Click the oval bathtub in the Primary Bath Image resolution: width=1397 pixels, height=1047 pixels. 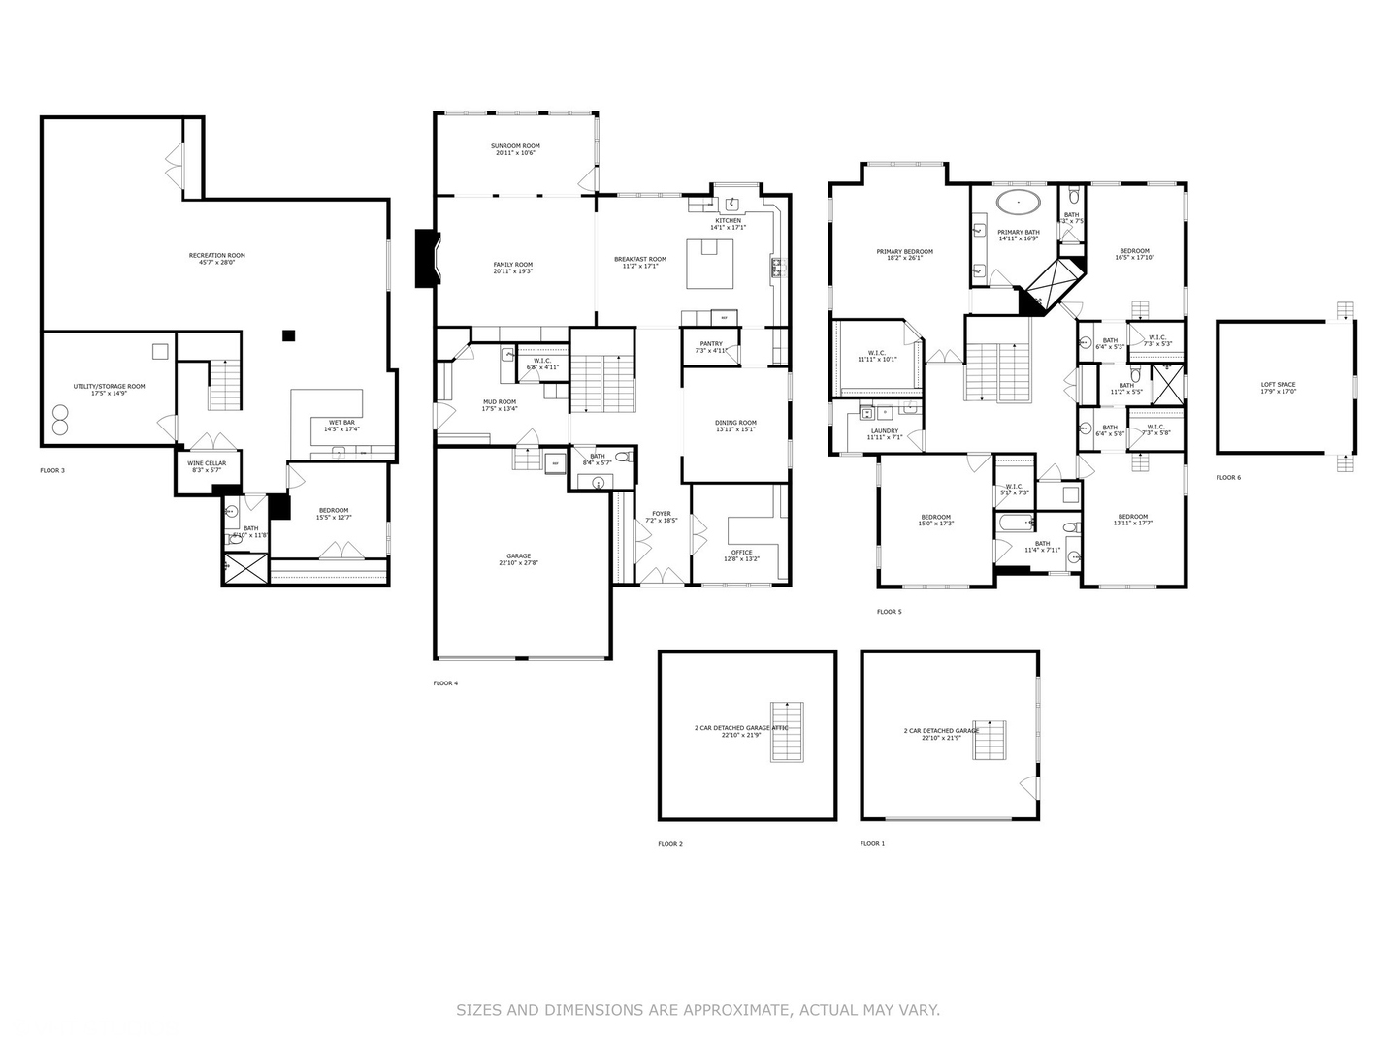click(x=1019, y=204)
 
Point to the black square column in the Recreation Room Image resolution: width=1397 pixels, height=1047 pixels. click(x=288, y=335)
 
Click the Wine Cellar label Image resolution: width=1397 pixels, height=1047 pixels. click(x=206, y=463)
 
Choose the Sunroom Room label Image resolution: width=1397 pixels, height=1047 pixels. click(x=515, y=146)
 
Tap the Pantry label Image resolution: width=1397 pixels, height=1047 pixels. click(x=711, y=343)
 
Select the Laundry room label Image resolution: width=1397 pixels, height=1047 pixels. click(x=884, y=430)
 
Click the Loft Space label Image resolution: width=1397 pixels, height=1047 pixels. click(x=1278, y=385)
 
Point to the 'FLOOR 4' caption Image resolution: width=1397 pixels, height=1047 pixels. click(x=445, y=683)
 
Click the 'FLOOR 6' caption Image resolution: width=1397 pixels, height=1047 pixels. click(x=1228, y=477)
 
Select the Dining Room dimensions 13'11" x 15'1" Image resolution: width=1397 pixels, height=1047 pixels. click(x=735, y=429)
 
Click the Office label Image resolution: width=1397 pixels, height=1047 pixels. click(x=742, y=553)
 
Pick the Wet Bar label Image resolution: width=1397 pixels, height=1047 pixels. click(x=341, y=422)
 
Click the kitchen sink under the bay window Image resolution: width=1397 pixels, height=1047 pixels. click(x=732, y=204)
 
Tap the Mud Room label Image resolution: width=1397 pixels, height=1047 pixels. click(x=500, y=401)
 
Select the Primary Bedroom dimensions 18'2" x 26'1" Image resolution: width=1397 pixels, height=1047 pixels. click(x=904, y=259)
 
